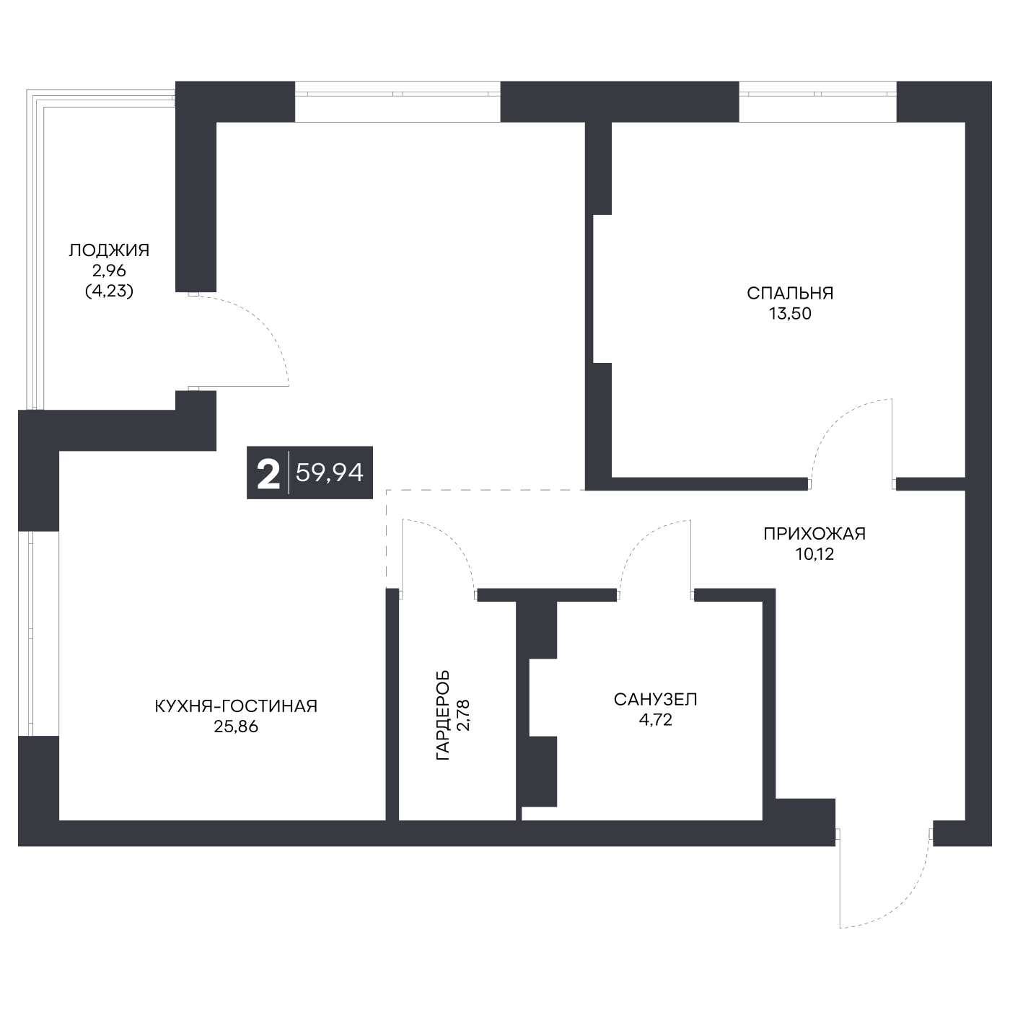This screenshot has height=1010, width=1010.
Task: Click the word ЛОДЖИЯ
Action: (x=109, y=250)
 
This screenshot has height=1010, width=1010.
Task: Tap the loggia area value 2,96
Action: (x=109, y=271)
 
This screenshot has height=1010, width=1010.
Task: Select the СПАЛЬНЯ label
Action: (x=790, y=293)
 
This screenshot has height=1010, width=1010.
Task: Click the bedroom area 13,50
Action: (x=790, y=313)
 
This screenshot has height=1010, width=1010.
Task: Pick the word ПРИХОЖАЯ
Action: (x=814, y=534)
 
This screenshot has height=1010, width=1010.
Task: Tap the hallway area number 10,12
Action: (x=814, y=554)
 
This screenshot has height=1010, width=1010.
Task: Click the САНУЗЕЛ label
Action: (x=655, y=699)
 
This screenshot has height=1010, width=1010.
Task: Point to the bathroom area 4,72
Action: (x=655, y=720)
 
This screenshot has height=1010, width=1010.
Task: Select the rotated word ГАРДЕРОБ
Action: (x=443, y=715)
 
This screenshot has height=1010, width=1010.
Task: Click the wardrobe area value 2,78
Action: (x=464, y=715)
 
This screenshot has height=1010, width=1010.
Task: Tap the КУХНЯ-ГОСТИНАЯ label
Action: (x=236, y=706)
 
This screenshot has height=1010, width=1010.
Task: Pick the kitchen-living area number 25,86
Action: (x=236, y=726)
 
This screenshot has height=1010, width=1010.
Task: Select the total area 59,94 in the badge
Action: (x=329, y=473)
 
